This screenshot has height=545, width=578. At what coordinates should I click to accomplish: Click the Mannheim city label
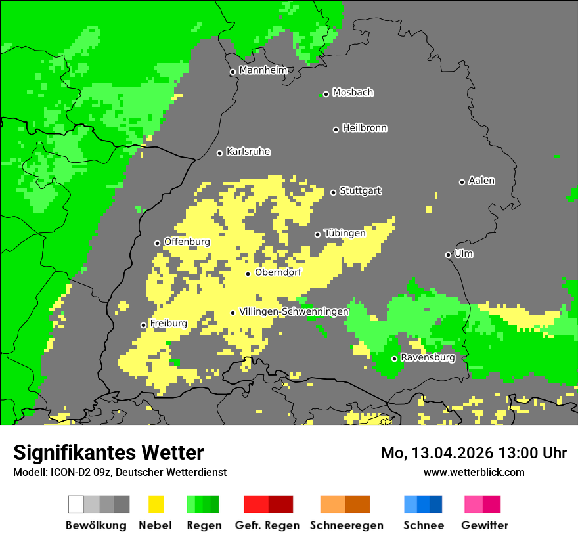[263, 70]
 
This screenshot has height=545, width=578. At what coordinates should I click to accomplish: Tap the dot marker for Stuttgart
[334, 192]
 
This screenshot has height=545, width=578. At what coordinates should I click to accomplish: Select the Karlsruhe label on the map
[248, 152]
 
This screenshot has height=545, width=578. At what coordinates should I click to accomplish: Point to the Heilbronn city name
[365, 128]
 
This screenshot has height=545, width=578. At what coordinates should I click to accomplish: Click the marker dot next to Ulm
[449, 255]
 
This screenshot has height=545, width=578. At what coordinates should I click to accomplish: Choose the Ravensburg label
[428, 358]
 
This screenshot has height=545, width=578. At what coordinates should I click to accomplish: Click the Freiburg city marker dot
[144, 325]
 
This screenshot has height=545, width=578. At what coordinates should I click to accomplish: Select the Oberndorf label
[278, 272]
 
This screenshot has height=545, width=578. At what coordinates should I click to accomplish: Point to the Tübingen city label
[345, 233]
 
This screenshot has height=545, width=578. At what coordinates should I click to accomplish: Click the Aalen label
[481, 181]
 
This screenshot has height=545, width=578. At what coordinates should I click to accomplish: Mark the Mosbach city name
[353, 93]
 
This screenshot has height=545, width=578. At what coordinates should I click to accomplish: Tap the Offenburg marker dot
[158, 243]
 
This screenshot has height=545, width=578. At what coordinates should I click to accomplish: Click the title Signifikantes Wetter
[108, 452]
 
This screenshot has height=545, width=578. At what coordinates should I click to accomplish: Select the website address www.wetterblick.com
[474, 472]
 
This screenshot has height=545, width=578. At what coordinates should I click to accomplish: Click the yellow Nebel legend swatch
[156, 504]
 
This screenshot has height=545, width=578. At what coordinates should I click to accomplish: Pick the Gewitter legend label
[485, 525]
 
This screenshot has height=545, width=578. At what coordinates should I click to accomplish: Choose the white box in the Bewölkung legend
[76, 504]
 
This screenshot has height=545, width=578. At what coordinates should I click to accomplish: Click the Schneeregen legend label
[347, 525]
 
